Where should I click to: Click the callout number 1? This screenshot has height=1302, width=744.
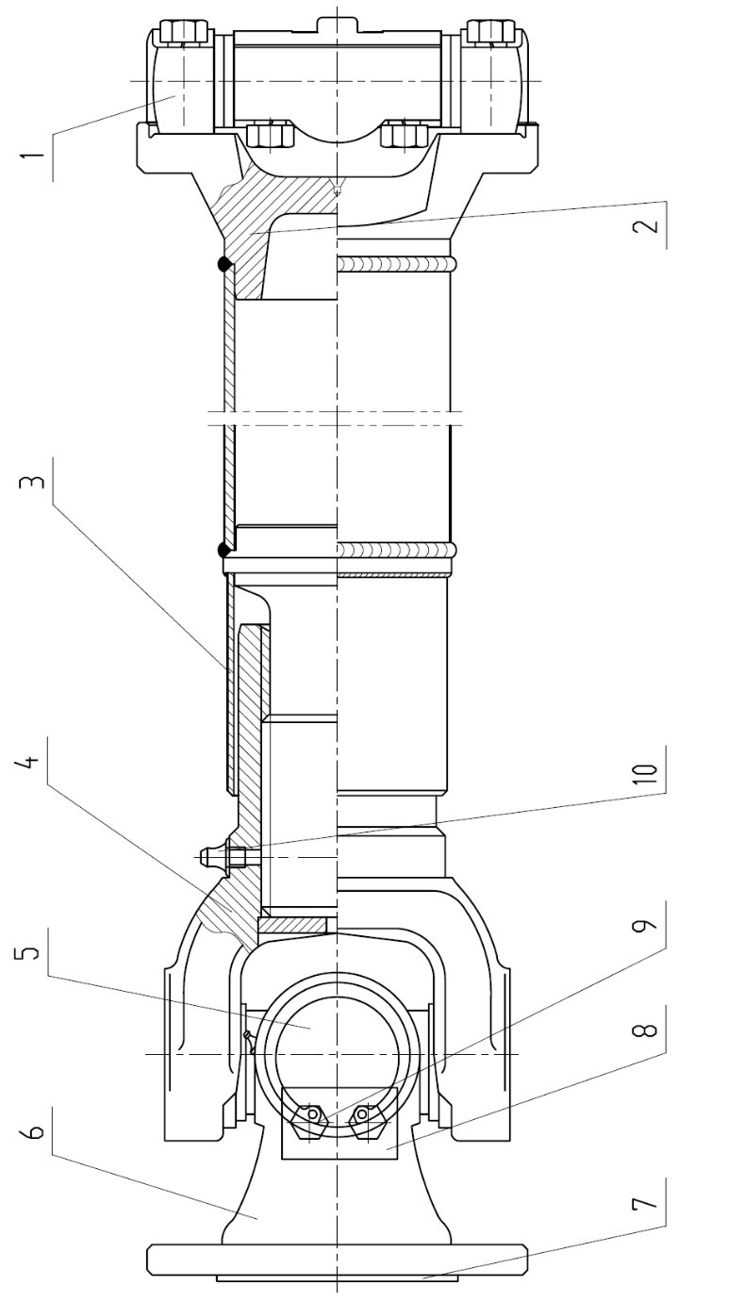pos(31,156)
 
